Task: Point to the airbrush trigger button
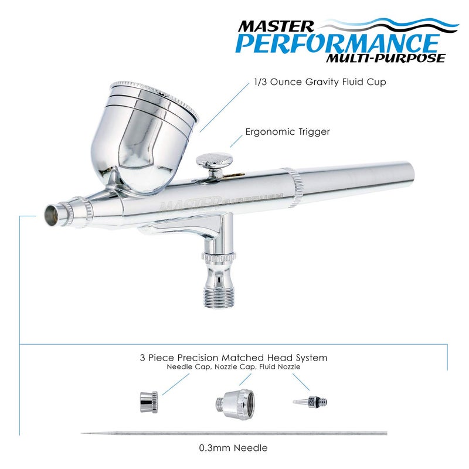[x=213, y=159]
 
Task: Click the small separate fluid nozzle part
[x=310, y=402]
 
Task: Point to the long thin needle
[x=235, y=434]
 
